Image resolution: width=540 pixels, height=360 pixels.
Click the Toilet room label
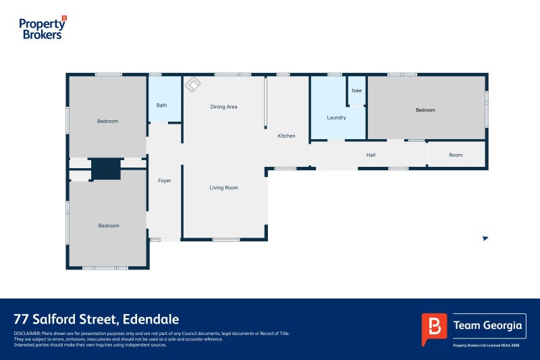tap(356, 91)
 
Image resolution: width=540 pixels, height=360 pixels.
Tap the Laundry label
tap(336, 118)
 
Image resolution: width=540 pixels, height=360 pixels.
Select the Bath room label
tap(161, 105)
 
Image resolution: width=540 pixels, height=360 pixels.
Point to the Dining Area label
tap(224, 107)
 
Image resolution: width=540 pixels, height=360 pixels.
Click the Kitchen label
tap(286, 136)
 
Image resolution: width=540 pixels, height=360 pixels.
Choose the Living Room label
tap(224, 188)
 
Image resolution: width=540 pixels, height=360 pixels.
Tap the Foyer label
tap(165, 180)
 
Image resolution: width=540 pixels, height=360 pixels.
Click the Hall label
tap(371, 155)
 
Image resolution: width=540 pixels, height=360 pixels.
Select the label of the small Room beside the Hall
tap(456, 155)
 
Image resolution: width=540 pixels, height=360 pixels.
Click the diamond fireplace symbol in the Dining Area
tap(193, 84)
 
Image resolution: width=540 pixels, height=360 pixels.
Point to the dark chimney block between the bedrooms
tap(106, 169)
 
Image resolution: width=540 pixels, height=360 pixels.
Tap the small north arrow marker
tap(485, 238)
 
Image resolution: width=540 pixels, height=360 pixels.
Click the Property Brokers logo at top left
tap(43, 28)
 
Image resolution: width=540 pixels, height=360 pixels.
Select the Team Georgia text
tap(487, 325)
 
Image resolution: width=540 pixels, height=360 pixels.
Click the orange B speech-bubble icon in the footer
tap(434, 329)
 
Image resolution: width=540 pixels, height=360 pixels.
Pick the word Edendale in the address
tap(151, 319)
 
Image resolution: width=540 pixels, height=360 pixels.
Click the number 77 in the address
tap(22, 319)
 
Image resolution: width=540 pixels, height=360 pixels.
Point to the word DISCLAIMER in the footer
tap(27, 334)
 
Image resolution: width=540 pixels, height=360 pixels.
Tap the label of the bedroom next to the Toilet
tap(425, 110)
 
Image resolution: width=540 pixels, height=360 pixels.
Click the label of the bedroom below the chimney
tap(109, 226)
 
